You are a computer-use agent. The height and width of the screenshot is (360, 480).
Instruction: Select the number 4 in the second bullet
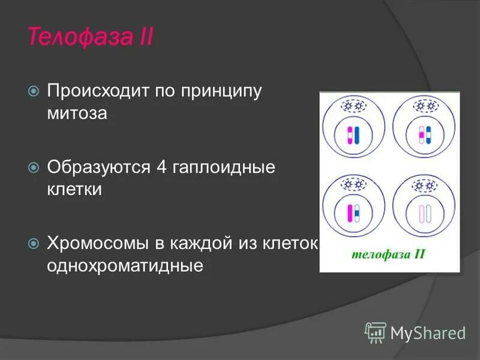[x=161, y=167]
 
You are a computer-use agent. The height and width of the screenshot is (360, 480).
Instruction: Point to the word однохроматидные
[x=125, y=265]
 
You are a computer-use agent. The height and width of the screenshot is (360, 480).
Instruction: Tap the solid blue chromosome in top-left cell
[x=357, y=136]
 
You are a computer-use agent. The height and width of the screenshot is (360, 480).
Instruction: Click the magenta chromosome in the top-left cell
[x=349, y=136]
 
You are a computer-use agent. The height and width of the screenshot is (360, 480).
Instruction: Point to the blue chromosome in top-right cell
[x=428, y=136]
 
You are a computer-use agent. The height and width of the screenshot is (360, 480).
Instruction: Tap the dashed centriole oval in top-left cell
[x=353, y=106]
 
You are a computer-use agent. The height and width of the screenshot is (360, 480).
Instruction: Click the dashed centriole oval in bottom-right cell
[x=425, y=184]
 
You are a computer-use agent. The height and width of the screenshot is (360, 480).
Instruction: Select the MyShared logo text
[x=428, y=332]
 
